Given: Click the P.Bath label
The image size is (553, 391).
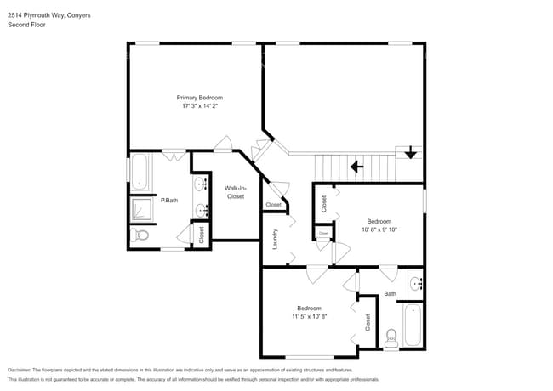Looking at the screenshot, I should click(x=169, y=200).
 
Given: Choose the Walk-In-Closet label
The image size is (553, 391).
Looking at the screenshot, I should click(x=235, y=192).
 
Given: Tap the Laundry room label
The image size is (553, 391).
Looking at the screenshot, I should click(x=276, y=242).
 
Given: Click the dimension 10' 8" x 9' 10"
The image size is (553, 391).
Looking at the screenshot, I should click(x=379, y=229).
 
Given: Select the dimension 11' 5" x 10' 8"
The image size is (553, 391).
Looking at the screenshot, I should click(x=308, y=316).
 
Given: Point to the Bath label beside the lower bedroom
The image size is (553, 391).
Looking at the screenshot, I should click(x=390, y=294).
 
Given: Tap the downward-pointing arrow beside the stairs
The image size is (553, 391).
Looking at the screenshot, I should click(x=412, y=154).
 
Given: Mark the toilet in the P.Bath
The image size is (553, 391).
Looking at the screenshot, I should click(x=141, y=235).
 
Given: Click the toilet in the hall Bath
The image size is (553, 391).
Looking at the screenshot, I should click(x=391, y=336).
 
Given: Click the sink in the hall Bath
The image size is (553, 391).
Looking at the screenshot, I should click(x=415, y=283).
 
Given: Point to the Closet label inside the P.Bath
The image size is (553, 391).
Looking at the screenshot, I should click(x=202, y=235).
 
